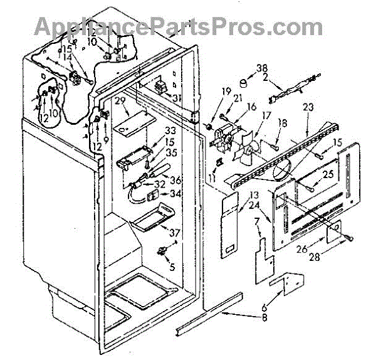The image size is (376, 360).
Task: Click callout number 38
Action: (x=262, y=68)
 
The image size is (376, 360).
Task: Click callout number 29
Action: (x=121, y=100)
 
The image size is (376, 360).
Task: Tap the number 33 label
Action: (x=152, y=131)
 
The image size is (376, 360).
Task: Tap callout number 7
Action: (x=256, y=221)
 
